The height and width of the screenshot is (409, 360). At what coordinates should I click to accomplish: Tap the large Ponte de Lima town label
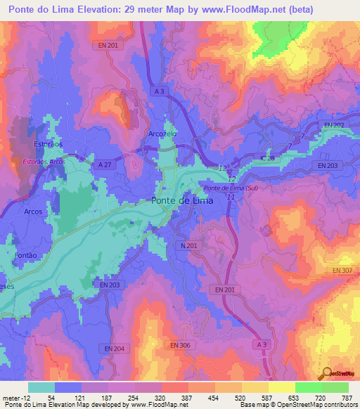coord(181,200)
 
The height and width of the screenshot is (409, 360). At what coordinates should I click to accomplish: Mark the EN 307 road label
coord(342,270)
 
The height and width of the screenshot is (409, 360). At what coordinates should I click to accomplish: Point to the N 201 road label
coord(188,245)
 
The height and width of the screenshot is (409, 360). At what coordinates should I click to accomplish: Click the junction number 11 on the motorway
coord(231,197)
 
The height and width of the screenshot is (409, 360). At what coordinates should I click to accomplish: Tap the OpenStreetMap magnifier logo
coord(327,374)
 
